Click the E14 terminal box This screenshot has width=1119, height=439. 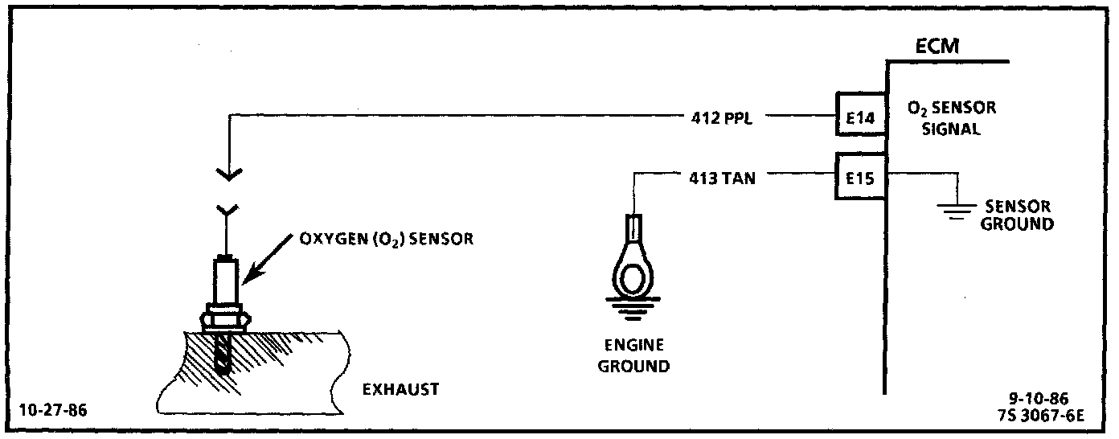859,117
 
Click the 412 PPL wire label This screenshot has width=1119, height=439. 722,117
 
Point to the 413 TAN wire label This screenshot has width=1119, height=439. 722,177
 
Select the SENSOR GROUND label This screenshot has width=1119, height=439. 1016,215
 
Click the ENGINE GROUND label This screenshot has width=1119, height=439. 635,355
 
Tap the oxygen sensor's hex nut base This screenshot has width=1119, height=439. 223,317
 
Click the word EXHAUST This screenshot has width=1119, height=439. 400,389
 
